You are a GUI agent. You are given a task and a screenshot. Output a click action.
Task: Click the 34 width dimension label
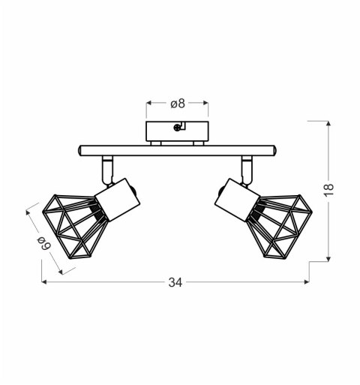[175, 282]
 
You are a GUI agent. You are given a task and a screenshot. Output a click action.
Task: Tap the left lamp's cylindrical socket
[118, 199]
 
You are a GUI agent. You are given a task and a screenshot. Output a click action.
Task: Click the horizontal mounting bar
[178, 151]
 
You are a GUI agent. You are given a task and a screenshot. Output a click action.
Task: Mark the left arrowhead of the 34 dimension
[43, 282]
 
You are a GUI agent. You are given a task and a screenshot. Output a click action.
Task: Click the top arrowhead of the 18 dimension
[328, 122]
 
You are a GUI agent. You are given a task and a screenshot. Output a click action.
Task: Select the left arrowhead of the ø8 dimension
[148, 104]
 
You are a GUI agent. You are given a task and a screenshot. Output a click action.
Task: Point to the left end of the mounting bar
[79, 151]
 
